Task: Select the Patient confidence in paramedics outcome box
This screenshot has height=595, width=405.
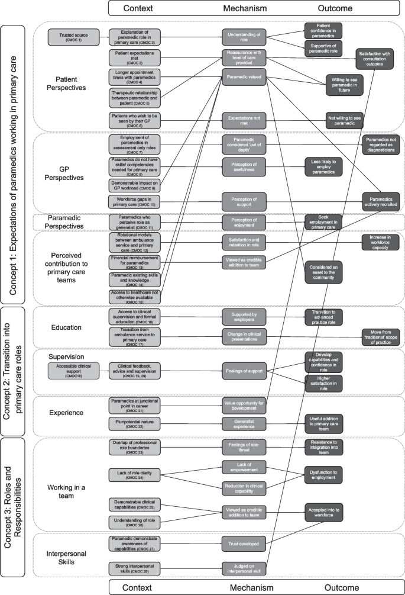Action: coord(323,30)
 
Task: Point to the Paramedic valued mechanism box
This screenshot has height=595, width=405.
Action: coord(244,76)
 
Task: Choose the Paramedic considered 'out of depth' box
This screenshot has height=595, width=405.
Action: coord(244,143)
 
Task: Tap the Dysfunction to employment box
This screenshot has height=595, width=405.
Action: coord(323,472)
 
